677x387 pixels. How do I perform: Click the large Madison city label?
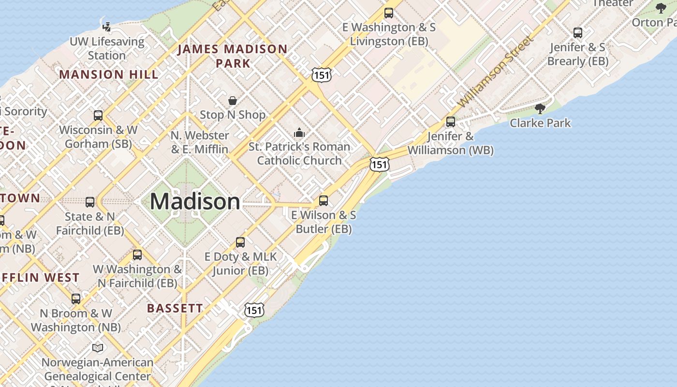point(195,201)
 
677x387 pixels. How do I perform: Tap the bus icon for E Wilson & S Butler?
point(324,200)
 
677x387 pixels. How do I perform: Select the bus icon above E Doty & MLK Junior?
point(240,242)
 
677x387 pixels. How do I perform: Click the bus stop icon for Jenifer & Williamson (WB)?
point(451,122)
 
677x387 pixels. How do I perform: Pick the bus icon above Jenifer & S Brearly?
point(578,33)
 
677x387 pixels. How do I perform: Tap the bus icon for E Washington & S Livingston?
point(389,13)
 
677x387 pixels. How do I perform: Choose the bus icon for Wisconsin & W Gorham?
point(98,116)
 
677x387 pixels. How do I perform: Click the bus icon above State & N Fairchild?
point(90,202)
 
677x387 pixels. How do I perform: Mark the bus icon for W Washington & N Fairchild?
point(137,255)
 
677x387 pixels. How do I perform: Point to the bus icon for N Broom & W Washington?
point(76,299)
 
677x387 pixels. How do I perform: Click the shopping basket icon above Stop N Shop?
point(233,101)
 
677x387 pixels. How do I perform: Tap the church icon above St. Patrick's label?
point(299,133)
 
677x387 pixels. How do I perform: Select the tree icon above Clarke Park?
point(540,109)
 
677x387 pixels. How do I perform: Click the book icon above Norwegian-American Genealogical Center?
point(98,348)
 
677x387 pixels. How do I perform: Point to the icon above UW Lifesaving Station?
point(106,27)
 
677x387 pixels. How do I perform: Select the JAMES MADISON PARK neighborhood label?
point(233,56)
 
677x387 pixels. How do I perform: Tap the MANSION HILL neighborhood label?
point(109,74)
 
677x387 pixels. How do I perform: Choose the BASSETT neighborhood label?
point(175,308)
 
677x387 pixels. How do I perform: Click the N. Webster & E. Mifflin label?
point(200,142)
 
